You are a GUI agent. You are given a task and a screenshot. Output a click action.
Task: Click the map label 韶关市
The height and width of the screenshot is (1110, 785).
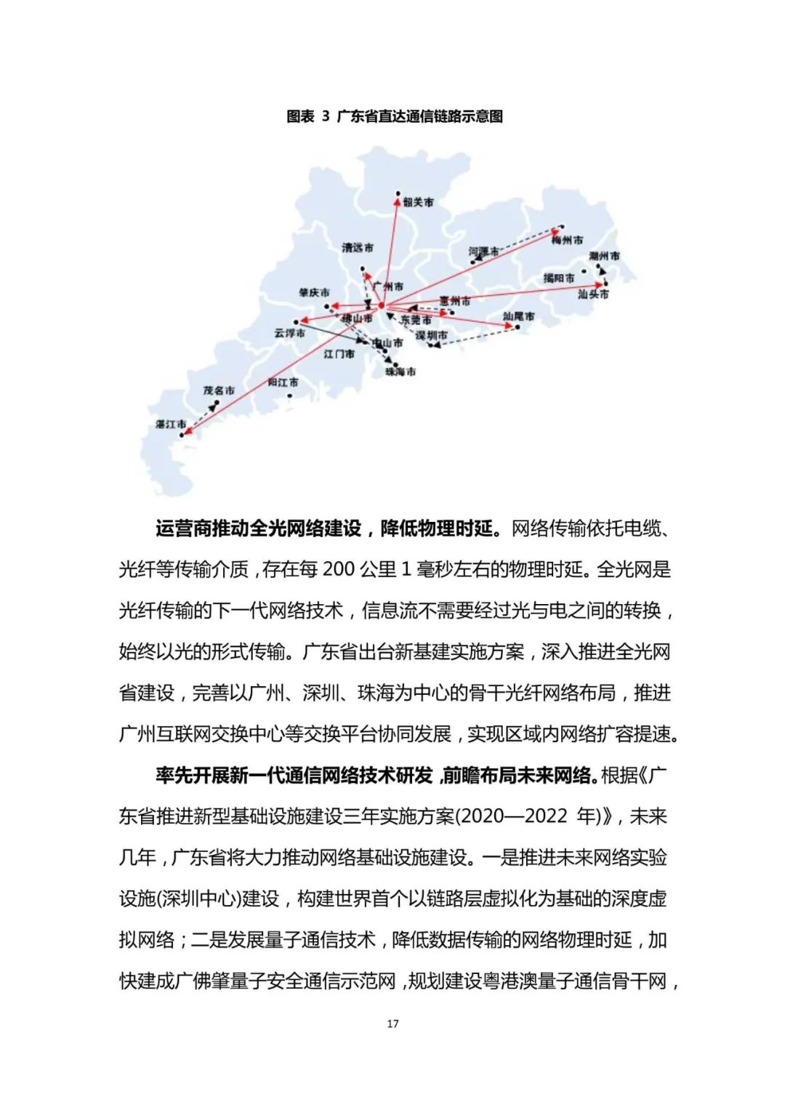pyautogui.click(x=418, y=202)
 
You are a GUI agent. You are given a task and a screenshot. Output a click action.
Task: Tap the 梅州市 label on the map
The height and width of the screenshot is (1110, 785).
pyautogui.click(x=567, y=240)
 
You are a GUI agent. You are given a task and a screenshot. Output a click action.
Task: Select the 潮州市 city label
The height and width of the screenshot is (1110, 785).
pyautogui.click(x=604, y=256)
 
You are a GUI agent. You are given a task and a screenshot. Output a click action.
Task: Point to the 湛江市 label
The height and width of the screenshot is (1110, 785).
pyautogui.click(x=171, y=424)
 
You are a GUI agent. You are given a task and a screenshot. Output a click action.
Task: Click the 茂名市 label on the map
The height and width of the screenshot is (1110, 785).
pyautogui.click(x=219, y=390)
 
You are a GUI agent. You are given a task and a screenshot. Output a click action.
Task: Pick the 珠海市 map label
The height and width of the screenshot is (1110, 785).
pyautogui.click(x=400, y=371)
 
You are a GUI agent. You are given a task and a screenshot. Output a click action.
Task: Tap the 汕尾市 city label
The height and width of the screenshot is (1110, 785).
pyautogui.click(x=518, y=316)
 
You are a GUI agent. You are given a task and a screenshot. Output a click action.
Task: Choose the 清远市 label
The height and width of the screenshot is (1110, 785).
pyautogui.click(x=358, y=248)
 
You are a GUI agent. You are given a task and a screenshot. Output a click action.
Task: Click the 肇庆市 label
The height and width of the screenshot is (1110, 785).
pyautogui.click(x=314, y=292)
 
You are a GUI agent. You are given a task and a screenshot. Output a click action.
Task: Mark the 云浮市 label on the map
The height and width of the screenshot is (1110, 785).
pyautogui.click(x=289, y=333)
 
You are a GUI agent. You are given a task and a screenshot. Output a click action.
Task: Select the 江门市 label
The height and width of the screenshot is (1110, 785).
pyautogui.click(x=339, y=354)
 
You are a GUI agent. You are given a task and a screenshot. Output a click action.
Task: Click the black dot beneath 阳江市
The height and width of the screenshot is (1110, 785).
pyautogui.click(x=290, y=396)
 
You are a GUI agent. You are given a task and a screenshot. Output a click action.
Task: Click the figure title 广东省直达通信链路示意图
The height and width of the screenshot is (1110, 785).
pyautogui.click(x=419, y=116)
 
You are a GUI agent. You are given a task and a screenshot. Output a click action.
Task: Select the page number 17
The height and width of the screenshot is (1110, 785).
pyautogui.click(x=392, y=1023)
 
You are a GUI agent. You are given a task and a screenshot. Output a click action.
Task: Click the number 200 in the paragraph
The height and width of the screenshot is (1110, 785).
pyautogui.click(x=338, y=569)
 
